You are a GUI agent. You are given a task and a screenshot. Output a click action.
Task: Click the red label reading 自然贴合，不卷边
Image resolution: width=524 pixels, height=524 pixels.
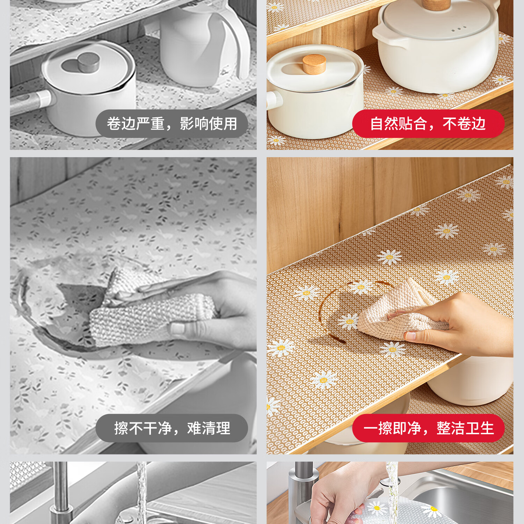coord(428,124)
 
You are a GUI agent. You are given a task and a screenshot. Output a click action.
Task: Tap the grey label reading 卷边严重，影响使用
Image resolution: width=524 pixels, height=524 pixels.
coord(172,124)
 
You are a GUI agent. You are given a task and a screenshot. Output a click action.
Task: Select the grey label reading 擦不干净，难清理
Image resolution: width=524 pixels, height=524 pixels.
coord(172,428)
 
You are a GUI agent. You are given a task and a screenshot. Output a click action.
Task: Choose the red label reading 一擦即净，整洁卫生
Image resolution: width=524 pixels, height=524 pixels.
coord(428,428)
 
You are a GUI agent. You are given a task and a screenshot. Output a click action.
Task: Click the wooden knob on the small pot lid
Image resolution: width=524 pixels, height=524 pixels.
coord(314,64)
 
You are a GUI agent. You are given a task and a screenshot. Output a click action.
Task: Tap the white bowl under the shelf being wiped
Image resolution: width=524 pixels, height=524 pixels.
coord(470,381)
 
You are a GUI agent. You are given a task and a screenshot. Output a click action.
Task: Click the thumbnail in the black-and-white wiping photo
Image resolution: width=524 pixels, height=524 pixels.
coord(178,329)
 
